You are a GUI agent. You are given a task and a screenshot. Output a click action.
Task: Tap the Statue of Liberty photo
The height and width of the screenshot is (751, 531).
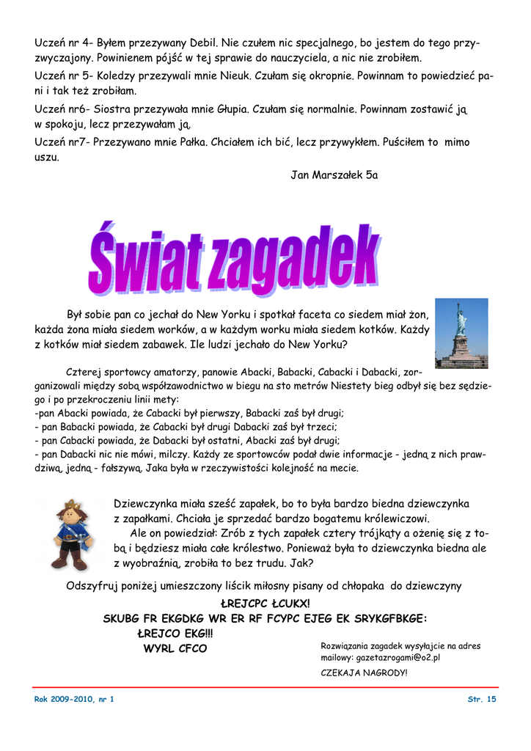pos(461,333)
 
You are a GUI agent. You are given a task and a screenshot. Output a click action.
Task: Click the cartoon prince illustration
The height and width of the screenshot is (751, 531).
pos(72,534)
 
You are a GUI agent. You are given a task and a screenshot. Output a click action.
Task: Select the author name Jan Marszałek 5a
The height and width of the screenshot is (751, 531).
pos(334,175)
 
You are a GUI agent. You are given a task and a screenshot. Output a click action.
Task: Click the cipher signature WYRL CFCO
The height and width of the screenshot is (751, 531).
pos(175,648)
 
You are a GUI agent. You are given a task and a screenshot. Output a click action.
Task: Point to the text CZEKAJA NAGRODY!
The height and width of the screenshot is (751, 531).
pos(364,673)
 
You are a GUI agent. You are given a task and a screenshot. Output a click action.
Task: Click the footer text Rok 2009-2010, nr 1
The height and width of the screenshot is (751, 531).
pos(74,699)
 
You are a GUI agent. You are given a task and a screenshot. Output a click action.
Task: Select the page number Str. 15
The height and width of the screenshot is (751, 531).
pos(482,699)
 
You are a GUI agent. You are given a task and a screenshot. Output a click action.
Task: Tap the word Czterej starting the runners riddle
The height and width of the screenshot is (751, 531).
pos(87,371)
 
